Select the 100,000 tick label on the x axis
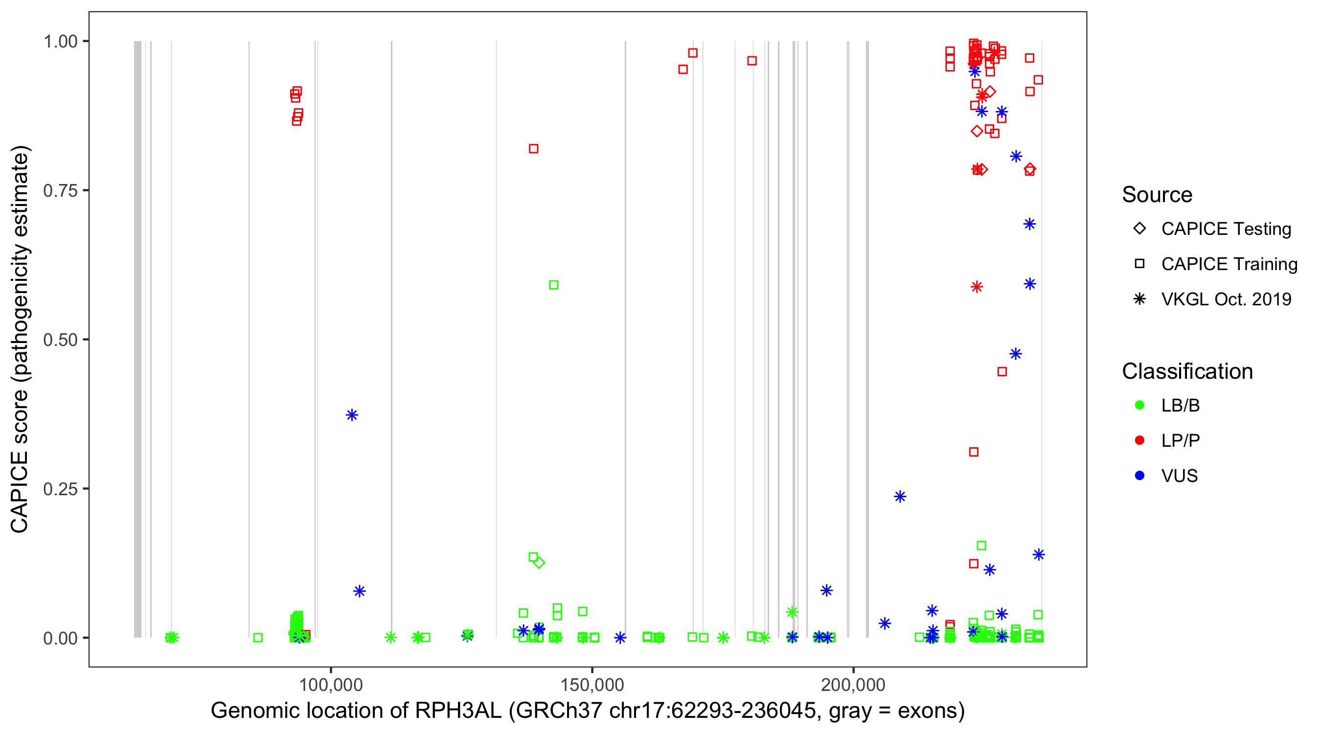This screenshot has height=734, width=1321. pos(331,685)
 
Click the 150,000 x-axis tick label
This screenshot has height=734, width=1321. pos(592,685)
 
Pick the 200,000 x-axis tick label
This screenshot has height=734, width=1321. pos(853,685)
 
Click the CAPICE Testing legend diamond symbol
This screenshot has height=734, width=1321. pos(1139,229)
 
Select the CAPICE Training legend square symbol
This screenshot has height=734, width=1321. pos(1139,264)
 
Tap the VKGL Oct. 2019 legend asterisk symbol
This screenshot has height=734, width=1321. pos(1139,299)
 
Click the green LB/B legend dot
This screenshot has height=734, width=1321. pos(1139,405)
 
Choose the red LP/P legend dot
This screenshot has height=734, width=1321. pos(1139,440)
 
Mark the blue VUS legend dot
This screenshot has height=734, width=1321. pos(1139,476)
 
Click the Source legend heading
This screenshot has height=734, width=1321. pos(1157,195)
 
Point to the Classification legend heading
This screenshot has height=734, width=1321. pos(1187,371)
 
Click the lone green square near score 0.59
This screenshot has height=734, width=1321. pos(554,285)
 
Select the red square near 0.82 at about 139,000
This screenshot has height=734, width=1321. pos(533,149)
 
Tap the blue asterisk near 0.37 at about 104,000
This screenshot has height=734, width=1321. pos(352,415)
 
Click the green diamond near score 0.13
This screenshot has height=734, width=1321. pos(539,563)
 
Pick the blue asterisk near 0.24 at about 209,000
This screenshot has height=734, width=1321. pos(900,497)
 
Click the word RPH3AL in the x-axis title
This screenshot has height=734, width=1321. pos(458,711)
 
